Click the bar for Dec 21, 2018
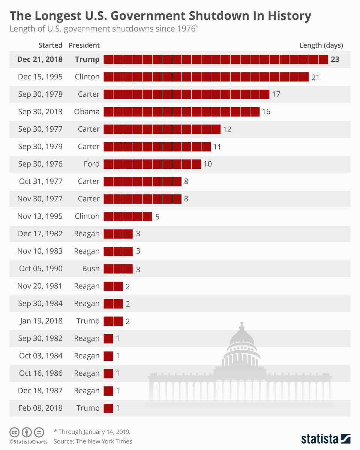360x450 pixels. pyautogui.click(x=216, y=59)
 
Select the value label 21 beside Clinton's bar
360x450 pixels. pyautogui.click(x=315, y=77)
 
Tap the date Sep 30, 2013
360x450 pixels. pyautogui.click(x=40, y=112)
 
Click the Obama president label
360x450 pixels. pyautogui.click(x=87, y=112)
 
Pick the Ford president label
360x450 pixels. pyautogui.click(x=92, y=164)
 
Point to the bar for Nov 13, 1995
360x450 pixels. pyautogui.click(x=127, y=216)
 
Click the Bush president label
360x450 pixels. pyautogui.click(x=91, y=268)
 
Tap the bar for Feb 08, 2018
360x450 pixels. pyautogui.click(x=108, y=408)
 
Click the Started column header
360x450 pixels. pyautogui.click(x=50, y=45)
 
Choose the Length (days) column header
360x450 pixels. pyautogui.click(x=321, y=45)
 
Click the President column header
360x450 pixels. pyautogui.click(x=84, y=45)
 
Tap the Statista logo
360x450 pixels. pyautogui.click(x=325, y=438)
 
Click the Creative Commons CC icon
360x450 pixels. pyautogui.click(x=14, y=432)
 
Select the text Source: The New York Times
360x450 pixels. pyautogui.click(x=93, y=441)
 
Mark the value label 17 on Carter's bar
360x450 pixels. pyautogui.click(x=276, y=94)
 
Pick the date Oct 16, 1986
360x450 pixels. pyautogui.click(x=41, y=373)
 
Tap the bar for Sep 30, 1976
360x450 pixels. pyautogui.click(x=152, y=164)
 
